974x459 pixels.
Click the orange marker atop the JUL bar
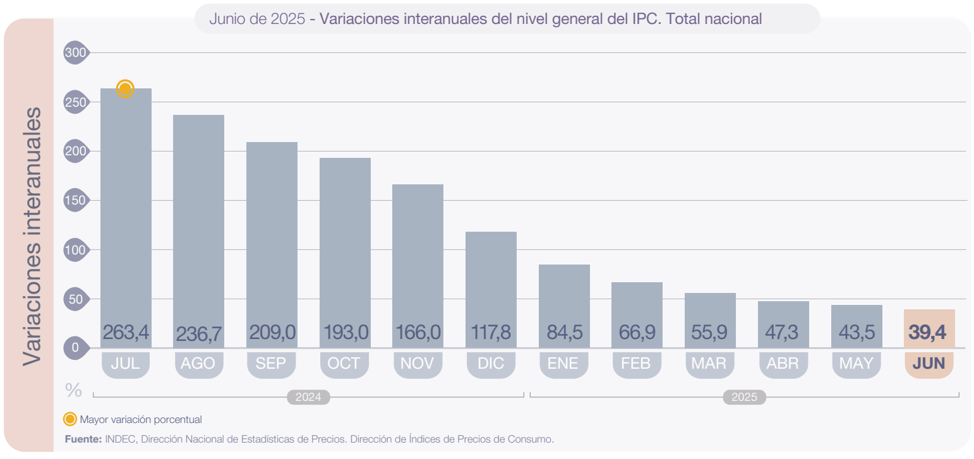[x=125, y=89]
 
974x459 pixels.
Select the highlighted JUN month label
[x=929, y=363]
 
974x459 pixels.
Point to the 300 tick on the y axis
[x=75, y=53]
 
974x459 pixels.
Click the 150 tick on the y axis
[x=75, y=201]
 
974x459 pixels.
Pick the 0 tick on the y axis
[x=75, y=347]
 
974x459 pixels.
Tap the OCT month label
[x=344, y=363]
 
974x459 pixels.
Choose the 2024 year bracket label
[x=308, y=397]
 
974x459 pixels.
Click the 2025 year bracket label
[x=744, y=397]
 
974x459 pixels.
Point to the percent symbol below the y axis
[x=73, y=391]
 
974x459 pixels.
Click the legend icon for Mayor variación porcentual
[x=71, y=419]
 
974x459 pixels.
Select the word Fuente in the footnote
[x=83, y=439]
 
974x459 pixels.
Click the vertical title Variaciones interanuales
[x=32, y=235]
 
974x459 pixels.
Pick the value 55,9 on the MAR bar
[x=710, y=332]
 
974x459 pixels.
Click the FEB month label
[x=637, y=363]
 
